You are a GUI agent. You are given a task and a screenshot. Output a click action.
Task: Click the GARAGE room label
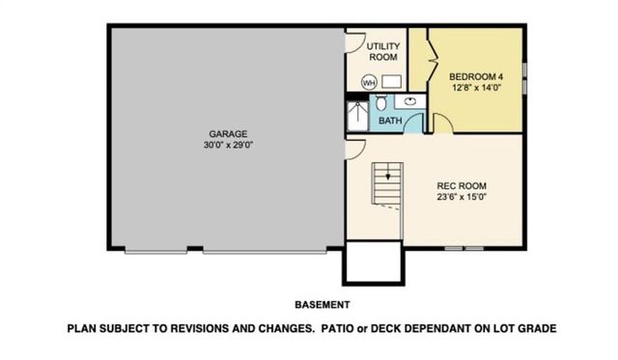[x=229, y=133]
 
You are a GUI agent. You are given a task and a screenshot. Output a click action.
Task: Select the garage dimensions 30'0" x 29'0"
[x=229, y=145]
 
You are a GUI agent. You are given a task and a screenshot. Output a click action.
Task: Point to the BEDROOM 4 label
[x=478, y=76]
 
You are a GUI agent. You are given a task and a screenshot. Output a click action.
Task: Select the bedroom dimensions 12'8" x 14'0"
[x=478, y=88]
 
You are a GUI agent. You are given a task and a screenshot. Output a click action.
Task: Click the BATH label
[x=390, y=121]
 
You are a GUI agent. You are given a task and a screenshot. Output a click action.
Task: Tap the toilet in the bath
[x=382, y=101]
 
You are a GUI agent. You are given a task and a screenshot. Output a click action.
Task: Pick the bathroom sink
[x=410, y=99]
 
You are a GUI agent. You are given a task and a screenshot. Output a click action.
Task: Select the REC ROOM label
[x=461, y=186]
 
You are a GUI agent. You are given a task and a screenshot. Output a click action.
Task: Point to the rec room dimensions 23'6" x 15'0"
[x=461, y=199]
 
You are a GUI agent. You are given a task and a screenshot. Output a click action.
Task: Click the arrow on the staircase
[x=387, y=178]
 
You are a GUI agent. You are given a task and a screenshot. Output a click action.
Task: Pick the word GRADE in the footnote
[x=538, y=328]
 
